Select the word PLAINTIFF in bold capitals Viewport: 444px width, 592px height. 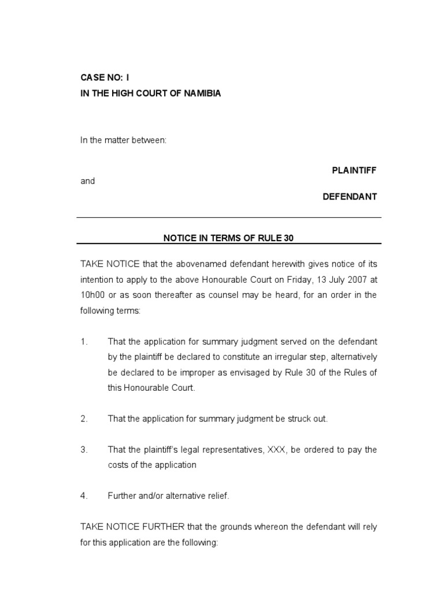[354, 171]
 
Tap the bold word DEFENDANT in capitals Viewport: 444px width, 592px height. [349, 197]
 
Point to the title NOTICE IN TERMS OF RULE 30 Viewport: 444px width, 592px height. [229, 238]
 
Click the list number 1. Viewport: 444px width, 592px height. [83, 342]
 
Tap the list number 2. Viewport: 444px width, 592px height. [83, 419]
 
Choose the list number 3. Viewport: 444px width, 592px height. [83, 449]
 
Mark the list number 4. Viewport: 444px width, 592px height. [83, 495]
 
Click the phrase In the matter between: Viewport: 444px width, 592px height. [123, 140]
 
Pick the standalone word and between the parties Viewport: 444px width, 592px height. [87, 181]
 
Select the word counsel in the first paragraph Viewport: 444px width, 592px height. [206, 295]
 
